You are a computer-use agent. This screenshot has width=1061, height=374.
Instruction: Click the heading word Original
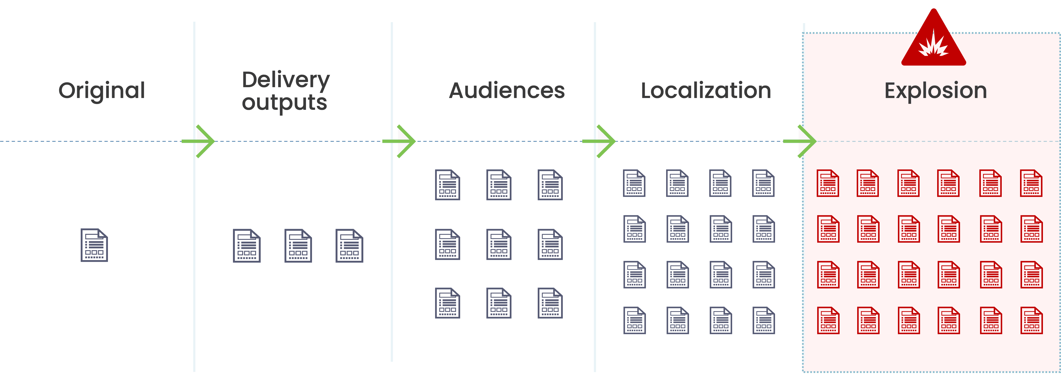point(102,91)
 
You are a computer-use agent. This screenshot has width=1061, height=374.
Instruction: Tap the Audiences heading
point(507,91)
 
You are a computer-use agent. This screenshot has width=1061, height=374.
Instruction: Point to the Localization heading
point(706,91)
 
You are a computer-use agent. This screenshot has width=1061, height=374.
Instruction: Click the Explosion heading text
point(935,91)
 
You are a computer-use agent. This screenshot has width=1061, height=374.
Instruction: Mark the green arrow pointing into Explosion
point(802,141)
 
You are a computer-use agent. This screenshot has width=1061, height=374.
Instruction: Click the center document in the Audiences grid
point(499,244)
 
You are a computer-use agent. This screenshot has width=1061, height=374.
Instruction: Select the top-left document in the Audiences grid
point(447,185)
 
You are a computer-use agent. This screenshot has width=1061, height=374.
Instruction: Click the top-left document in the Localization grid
point(634,183)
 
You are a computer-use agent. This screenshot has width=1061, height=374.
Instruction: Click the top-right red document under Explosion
point(1031,183)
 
